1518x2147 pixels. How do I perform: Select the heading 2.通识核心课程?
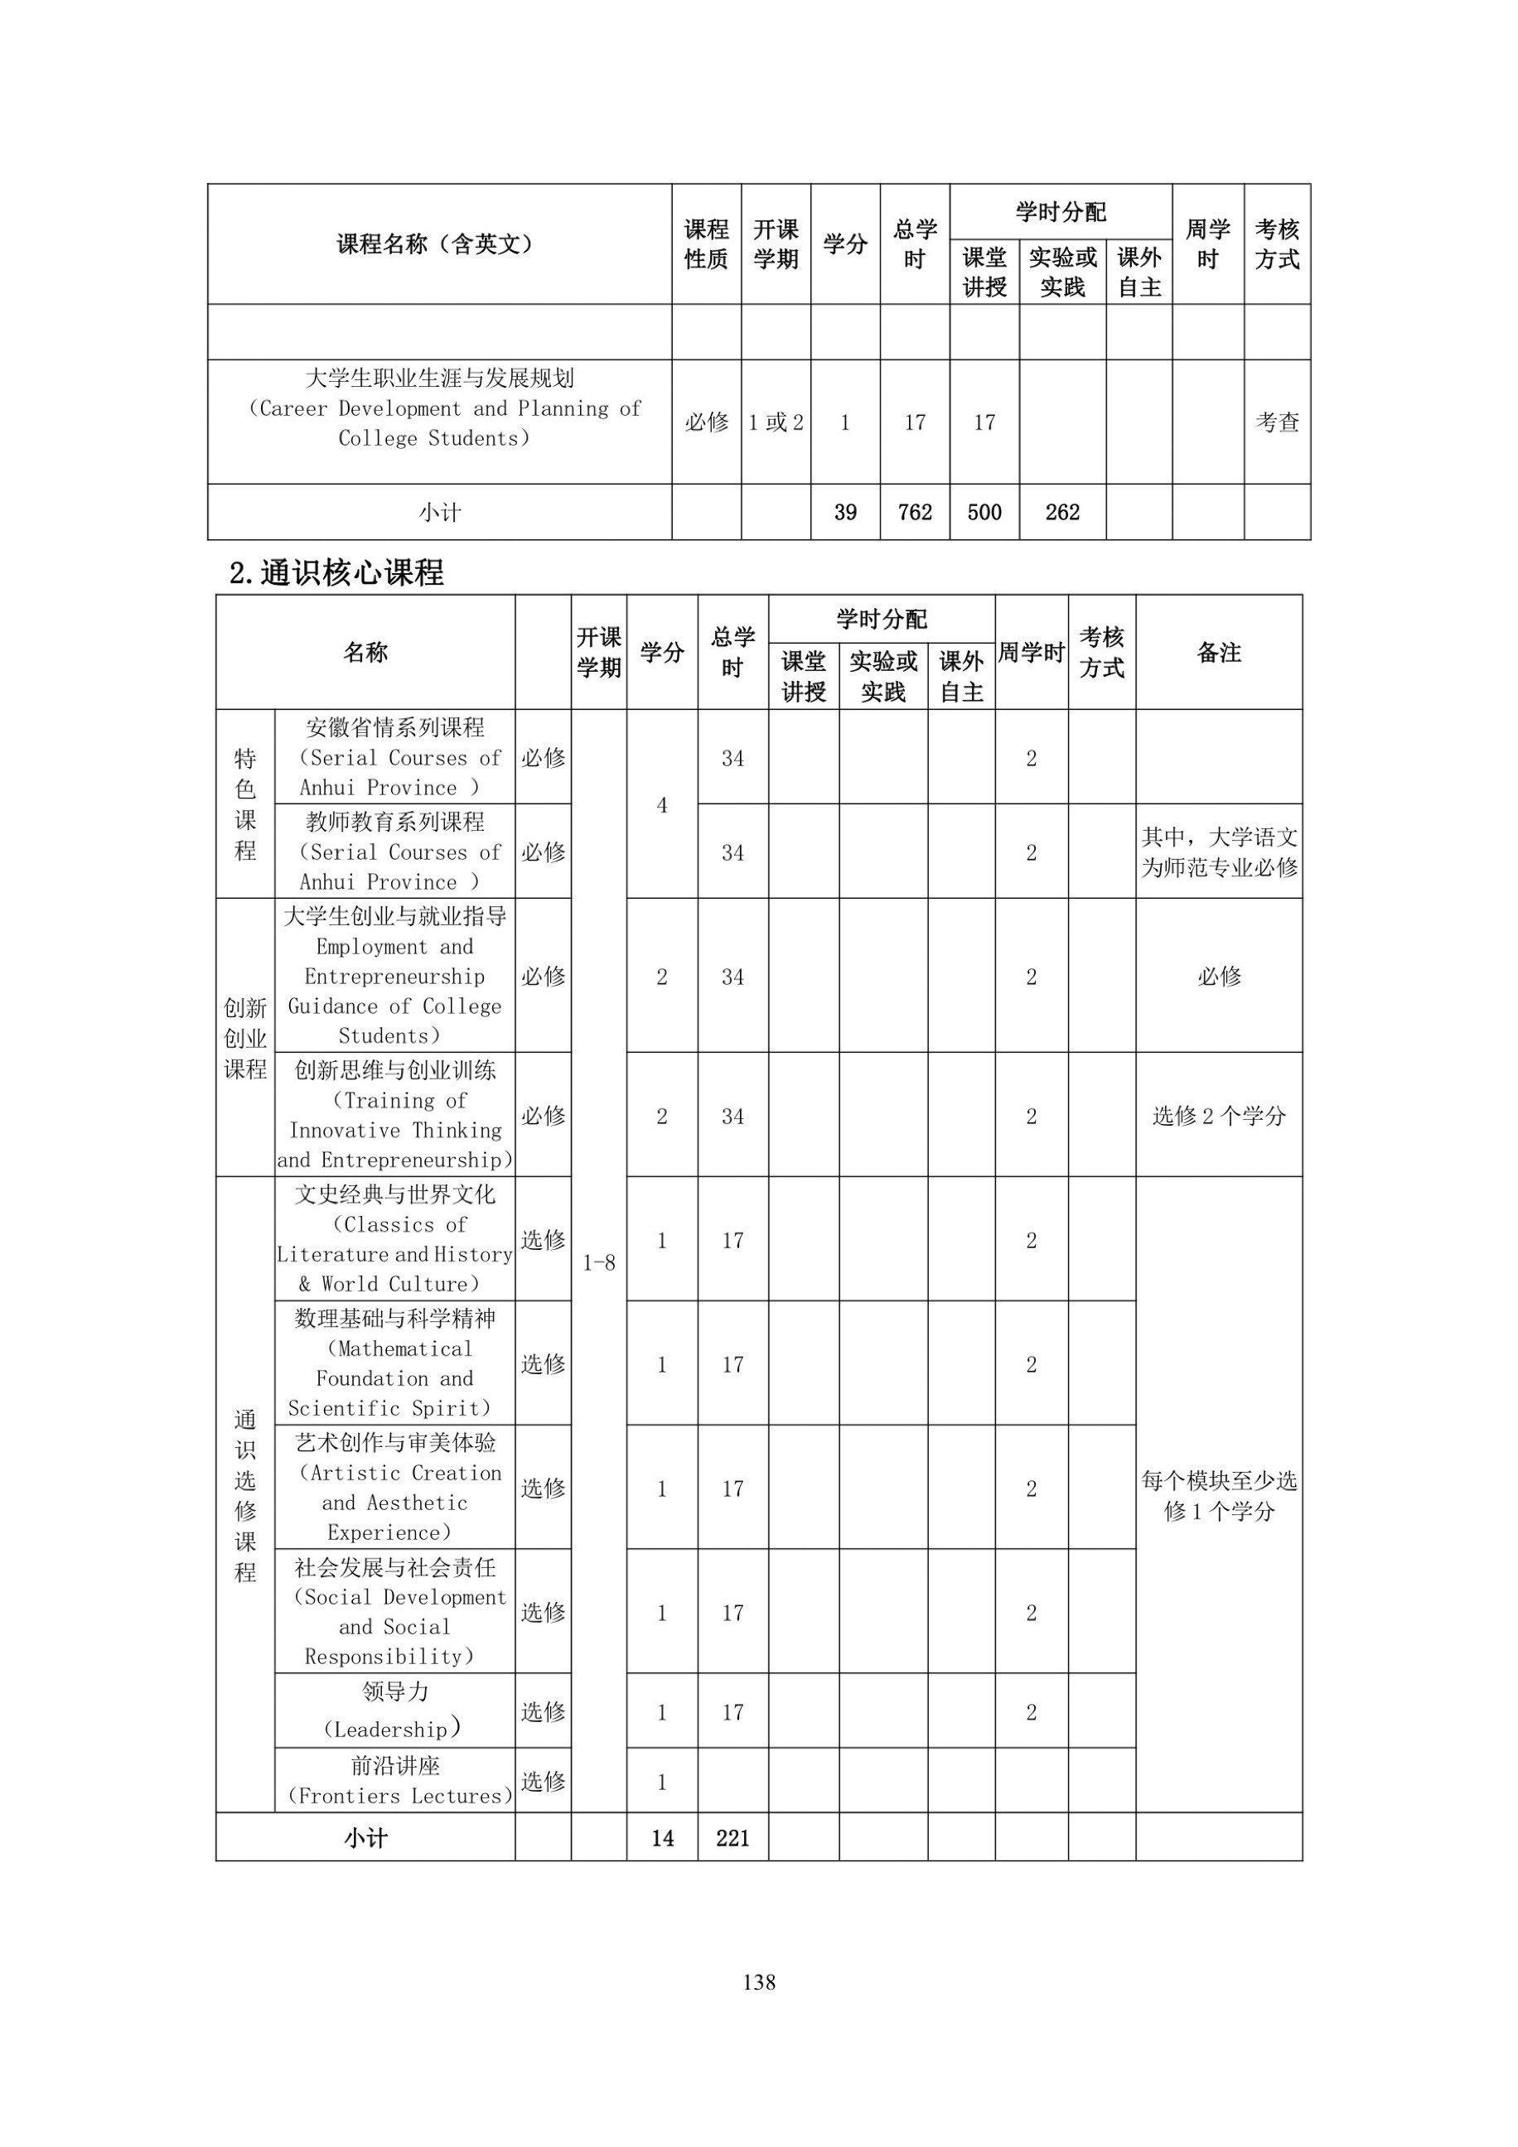(336, 572)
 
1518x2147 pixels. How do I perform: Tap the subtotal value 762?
(914, 513)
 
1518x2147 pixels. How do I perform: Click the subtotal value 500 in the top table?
(984, 513)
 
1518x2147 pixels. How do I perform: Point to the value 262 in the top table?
(1061, 513)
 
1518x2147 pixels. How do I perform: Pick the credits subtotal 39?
(844, 513)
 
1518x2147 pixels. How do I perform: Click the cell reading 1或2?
(776, 422)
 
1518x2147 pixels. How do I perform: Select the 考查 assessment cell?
(1277, 422)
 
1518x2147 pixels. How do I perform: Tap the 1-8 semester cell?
(598, 1262)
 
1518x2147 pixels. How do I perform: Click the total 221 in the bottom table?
(732, 1838)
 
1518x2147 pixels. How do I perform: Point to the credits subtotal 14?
(662, 1838)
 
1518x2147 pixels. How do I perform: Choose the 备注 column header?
(1219, 653)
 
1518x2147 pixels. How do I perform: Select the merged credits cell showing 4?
(662, 805)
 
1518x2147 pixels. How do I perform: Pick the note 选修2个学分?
(1219, 1116)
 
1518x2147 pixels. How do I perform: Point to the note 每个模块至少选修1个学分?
(1219, 1496)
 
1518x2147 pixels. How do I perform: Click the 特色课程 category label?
(245, 804)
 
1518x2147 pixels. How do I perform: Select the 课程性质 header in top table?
(706, 244)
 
